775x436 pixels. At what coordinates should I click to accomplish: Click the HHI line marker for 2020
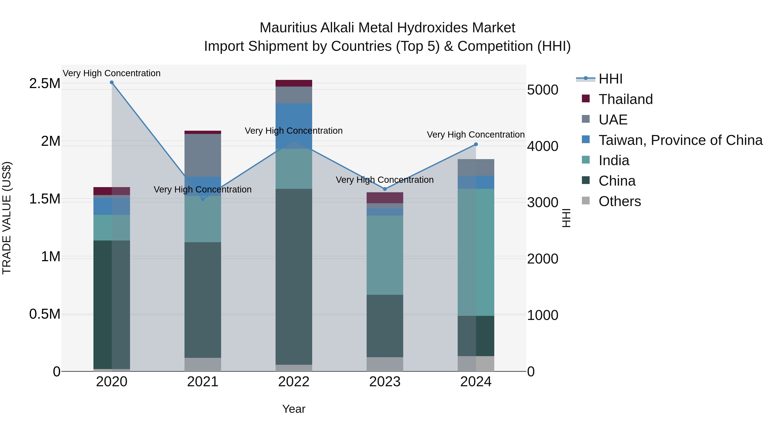tap(112, 82)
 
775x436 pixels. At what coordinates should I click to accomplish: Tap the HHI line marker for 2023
tap(385, 189)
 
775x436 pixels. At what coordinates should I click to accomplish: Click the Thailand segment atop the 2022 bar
tap(294, 83)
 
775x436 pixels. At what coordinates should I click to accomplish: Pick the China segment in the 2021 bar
tap(203, 300)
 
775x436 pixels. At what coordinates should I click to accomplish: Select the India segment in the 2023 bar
tap(385, 255)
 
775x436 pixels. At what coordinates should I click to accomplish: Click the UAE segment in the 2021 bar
tap(203, 155)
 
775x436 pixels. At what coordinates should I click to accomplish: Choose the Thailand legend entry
tap(625, 99)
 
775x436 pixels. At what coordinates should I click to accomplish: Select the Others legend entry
tap(619, 201)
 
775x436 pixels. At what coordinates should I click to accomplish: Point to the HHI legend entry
tap(610, 79)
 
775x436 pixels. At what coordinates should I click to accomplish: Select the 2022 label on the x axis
tap(294, 382)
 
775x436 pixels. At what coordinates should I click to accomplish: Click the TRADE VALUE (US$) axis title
tap(7, 218)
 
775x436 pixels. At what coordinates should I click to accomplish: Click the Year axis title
tap(294, 409)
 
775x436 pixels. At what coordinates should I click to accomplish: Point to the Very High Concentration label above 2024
tap(476, 135)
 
